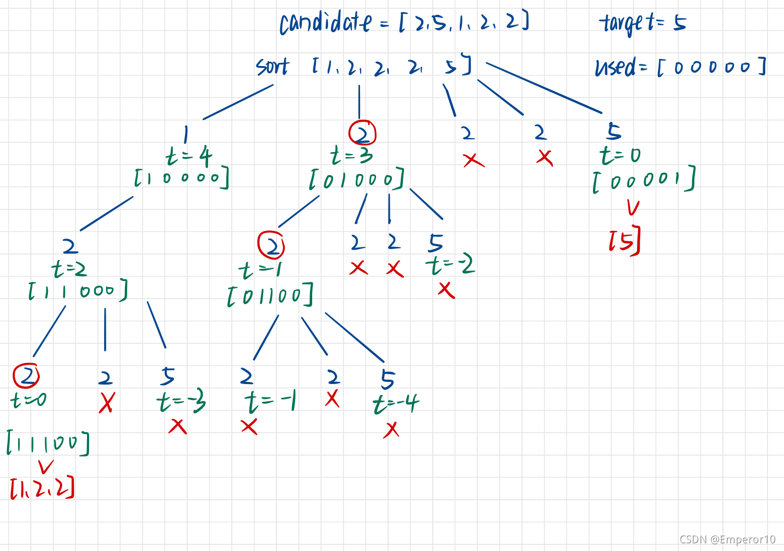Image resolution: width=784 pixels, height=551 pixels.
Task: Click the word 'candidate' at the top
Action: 325,23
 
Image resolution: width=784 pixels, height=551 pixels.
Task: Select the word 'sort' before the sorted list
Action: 273,67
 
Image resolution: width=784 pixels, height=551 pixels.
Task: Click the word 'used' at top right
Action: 615,67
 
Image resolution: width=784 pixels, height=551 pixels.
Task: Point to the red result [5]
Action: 624,240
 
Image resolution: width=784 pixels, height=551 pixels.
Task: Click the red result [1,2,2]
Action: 42,488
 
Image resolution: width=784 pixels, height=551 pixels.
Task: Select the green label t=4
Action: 189,156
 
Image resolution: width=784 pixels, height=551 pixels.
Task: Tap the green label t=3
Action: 351,155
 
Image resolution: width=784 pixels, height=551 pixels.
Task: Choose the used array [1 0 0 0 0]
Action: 182,178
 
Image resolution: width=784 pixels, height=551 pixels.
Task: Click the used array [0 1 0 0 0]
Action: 357,179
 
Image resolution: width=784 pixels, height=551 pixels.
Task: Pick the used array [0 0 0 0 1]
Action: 643,180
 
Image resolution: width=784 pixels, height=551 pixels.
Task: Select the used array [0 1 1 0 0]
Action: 270,295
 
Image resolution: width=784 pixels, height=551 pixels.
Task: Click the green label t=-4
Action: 395,404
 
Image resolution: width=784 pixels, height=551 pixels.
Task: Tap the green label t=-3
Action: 181,402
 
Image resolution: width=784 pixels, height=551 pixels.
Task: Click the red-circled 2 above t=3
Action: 362,133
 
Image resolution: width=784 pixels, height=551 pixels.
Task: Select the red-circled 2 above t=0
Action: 26,376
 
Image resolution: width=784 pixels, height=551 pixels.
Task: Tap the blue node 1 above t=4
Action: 186,134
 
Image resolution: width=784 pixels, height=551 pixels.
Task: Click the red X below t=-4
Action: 391,429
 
